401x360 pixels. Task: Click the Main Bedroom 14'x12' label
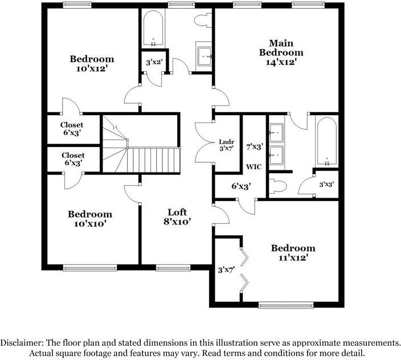pyautogui.click(x=281, y=52)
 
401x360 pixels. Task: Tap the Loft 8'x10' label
pyautogui.click(x=177, y=217)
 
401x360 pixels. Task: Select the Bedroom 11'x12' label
pyautogui.click(x=293, y=253)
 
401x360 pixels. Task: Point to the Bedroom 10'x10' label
pyautogui.click(x=90, y=219)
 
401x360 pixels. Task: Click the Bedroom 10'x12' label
pyautogui.click(x=92, y=63)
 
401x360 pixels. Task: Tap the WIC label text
pyautogui.click(x=253, y=167)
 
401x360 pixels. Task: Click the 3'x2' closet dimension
pyautogui.click(x=154, y=62)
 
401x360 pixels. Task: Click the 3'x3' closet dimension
pyautogui.click(x=327, y=185)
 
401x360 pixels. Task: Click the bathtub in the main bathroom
pyautogui.click(x=327, y=142)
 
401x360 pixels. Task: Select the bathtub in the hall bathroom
pyautogui.click(x=153, y=28)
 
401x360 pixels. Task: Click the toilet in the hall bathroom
pyautogui.click(x=202, y=21)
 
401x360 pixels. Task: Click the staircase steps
pyautogui.click(x=153, y=160)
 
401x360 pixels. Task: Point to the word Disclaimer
pyautogui.click(x=21, y=343)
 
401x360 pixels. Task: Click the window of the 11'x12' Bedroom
pyautogui.click(x=285, y=304)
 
